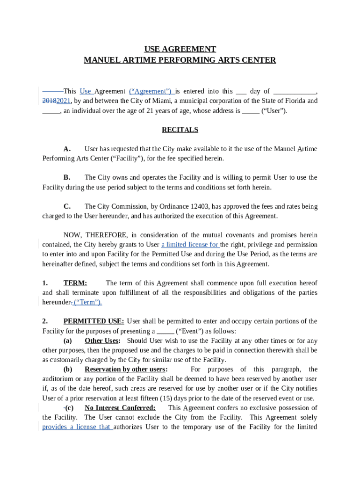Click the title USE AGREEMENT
click(x=180, y=49)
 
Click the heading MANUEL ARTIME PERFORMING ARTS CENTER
click(x=180, y=60)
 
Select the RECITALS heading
click(x=180, y=130)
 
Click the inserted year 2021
click(x=64, y=101)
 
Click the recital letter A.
click(x=67, y=149)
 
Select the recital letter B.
click(x=67, y=177)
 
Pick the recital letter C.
click(x=67, y=206)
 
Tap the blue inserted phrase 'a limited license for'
click(x=190, y=245)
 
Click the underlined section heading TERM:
click(x=75, y=283)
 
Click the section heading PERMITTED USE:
click(x=94, y=321)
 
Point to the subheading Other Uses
click(x=102, y=341)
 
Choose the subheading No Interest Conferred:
click(x=120, y=408)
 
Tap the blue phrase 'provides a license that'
click(x=77, y=427)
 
